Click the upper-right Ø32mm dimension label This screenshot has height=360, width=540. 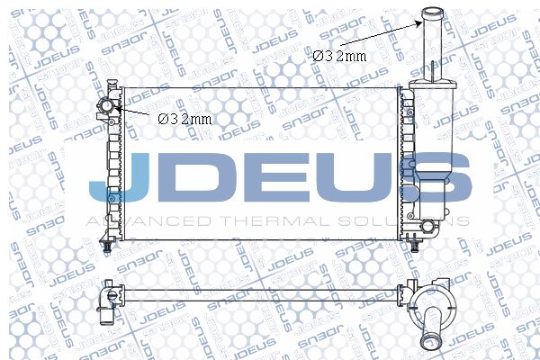coord(339,56)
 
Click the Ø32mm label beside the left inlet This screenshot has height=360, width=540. coord(184,119)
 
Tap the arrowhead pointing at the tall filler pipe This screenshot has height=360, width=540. coord(418,23)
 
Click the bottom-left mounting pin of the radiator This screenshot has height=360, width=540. coord(107,247)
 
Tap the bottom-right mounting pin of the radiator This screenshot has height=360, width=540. coord(415,246)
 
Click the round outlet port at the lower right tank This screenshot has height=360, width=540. coord(427,226)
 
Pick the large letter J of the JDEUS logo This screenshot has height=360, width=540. coord(117,177)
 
